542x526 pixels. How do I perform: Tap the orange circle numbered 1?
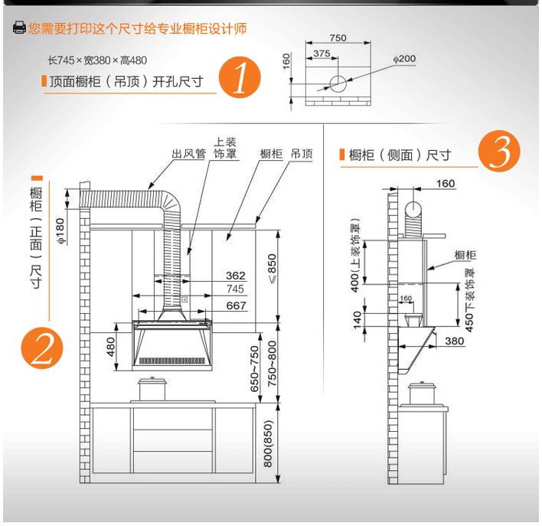(240, 78)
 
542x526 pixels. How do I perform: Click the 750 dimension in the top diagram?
(338, 38)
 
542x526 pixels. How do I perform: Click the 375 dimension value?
(322, 54)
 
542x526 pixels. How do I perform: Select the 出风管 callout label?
(188, 154)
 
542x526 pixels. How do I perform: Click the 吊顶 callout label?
(302, 154)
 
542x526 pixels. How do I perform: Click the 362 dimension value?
(235, 276)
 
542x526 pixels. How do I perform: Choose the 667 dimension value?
(236, 305)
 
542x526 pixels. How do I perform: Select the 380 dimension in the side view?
(455, 341)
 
